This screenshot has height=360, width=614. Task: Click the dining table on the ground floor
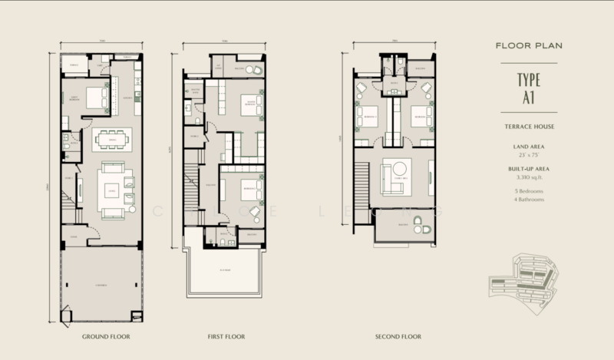click(x=112, y=140)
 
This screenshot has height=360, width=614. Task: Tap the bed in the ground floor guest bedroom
click(x=96, y=97)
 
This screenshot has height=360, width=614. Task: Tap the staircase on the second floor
click(x=363, y=192)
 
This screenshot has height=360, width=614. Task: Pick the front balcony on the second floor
click(x=403, y=223)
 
